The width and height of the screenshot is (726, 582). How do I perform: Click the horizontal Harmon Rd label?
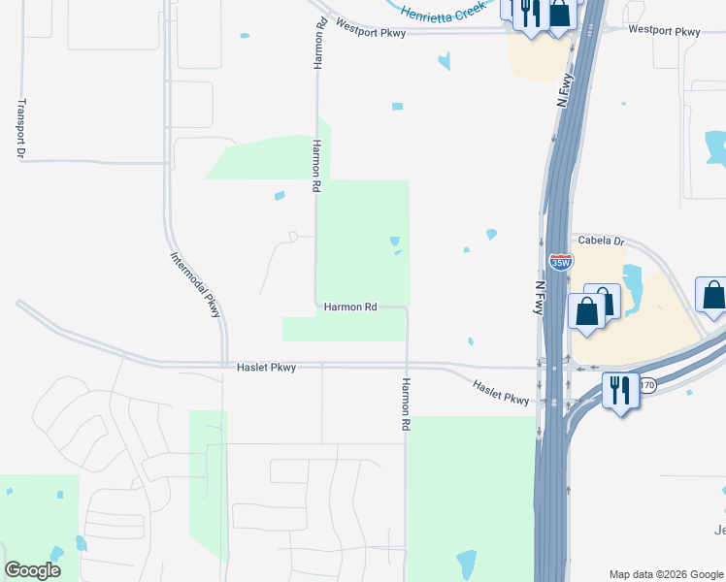point(350,307)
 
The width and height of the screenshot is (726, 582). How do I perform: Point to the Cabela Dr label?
point(602,241)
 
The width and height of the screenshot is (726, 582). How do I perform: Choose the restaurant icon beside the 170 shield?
point(619,390)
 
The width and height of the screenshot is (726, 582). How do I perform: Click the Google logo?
point(32,570)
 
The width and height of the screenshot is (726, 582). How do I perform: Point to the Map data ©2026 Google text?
point(665,574)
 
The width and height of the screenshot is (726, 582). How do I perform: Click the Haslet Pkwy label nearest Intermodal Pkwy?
point(266,368)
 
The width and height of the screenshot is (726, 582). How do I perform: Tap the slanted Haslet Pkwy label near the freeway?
point(501,393)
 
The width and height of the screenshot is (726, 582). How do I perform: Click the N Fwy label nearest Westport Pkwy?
point(562,89)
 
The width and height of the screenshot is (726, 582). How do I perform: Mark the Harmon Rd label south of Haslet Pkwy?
point(406,404)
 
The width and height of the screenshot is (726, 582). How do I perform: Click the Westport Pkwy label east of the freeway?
point(664,32)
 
